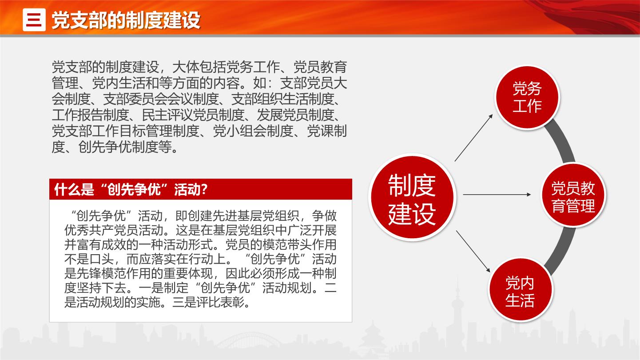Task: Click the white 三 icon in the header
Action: point(34,20)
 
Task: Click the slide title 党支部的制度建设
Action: point(126,20)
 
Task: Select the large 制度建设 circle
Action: point(412,197)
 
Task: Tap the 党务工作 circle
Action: point(527,97)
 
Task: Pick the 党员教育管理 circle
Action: point(573,195)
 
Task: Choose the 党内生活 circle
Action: point(520,290)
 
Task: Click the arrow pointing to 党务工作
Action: point(474,138)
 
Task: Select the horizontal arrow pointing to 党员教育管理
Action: point(497,194)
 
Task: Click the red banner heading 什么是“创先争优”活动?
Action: point(131,189)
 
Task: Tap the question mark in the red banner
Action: point(204,189)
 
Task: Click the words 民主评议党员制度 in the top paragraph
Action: point(193,115)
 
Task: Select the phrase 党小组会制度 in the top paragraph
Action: point(253,131)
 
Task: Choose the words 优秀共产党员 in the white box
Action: point(101,231)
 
